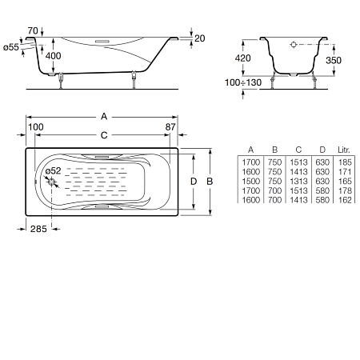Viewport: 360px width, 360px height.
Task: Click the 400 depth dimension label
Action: pos(53,56)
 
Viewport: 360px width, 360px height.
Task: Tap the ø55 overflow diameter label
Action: pos(11,47)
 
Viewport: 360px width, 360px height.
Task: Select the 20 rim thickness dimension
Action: pos(199,38)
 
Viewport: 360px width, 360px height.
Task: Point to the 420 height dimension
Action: pos(242,58)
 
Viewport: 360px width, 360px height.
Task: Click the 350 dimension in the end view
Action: pos(334,60)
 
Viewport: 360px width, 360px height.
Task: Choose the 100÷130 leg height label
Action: pos(243,82)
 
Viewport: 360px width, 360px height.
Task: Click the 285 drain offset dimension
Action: pos(38,229)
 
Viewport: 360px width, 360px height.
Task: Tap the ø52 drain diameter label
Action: pos(53,170)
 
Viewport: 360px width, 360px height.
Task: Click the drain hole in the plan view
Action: pos(51,182)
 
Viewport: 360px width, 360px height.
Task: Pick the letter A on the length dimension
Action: pos(104,116)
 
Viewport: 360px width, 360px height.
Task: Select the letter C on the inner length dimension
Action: pos(104,135)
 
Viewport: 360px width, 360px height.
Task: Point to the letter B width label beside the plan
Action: pos(210,182)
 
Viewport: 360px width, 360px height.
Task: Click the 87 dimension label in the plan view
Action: pos(170,127)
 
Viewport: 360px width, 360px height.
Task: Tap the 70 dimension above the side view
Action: pos(33,31)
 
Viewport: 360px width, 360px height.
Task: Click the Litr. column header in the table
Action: pos(344,150)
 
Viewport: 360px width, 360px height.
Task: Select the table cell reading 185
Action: pos(345,162)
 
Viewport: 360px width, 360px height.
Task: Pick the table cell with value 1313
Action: pos(298,182)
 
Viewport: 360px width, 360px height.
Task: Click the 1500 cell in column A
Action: pos(250,182)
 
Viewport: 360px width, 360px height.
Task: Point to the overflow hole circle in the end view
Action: pos(294,45)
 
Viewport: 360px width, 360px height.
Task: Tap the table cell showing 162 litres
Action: pos(345,200)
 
